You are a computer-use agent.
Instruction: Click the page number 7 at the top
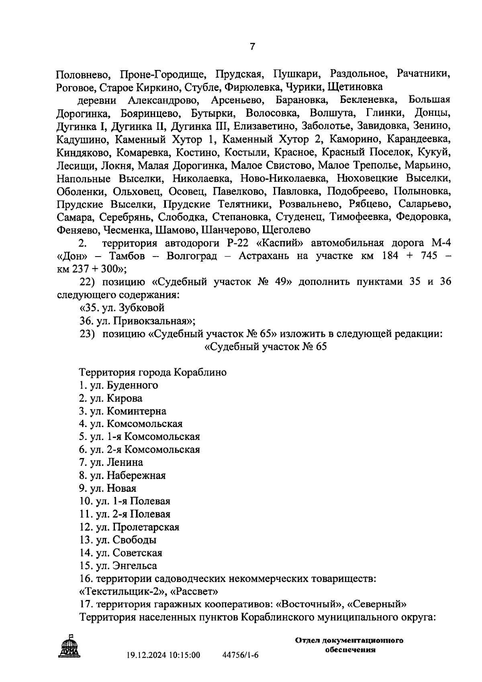coord(252,47)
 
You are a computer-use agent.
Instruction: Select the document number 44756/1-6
coord(240,655)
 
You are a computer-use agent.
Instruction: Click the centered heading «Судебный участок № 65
coord(266,347)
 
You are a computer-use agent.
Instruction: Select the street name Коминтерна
coord(136,411)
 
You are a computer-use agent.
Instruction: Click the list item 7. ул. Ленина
coord(111,462)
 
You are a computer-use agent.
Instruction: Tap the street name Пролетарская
coord(146,527)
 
